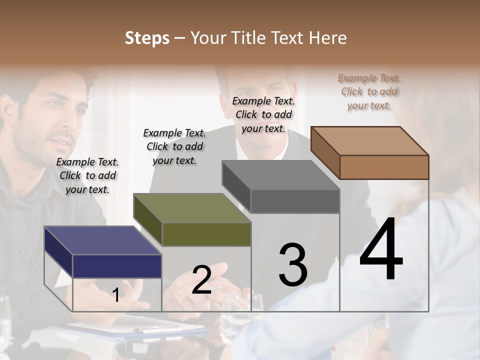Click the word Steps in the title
click(147, 38)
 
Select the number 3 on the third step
click(293, 265)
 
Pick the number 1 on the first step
click(116, 295)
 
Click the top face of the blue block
click(102, 240)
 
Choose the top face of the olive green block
click(191, 208)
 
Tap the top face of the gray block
click(280, 175)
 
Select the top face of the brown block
click(369, 140)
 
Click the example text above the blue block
click(87, 176)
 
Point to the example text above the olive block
click(174, 146)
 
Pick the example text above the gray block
click(263, 114)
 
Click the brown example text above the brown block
click(369, 91)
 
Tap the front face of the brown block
click(384, 167)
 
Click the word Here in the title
click(327, 38)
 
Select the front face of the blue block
click(117, 266)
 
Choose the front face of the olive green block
click(206, 234)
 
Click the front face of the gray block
click(295, 201)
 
